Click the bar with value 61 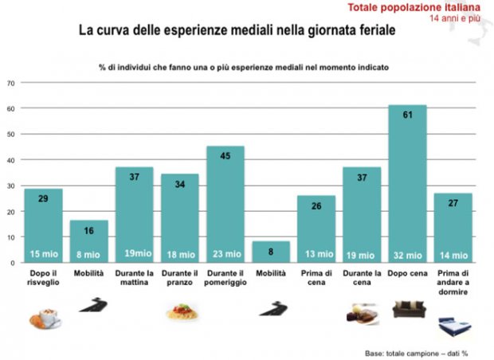407,183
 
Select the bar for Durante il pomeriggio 225,204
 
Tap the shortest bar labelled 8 271,252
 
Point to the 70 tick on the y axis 11,82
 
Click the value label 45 225,156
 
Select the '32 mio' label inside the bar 407,254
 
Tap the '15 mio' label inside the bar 43,254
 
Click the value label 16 88,230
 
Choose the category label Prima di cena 316,276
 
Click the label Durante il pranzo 180,276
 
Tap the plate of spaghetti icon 181,314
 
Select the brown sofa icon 409,308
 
